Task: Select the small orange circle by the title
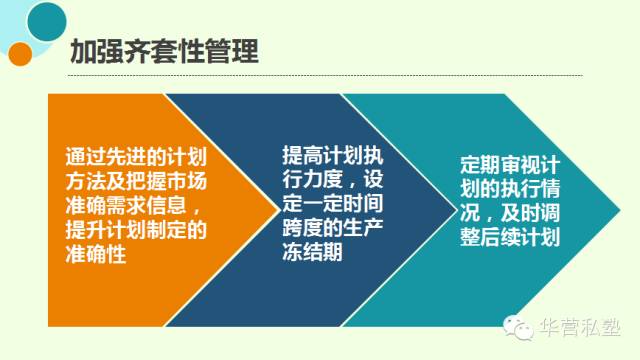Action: click(x=18, y=55)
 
